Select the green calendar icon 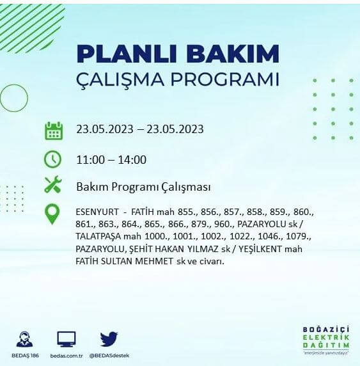click(53, 130)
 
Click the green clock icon click(53, 159)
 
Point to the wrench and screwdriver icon click(53, 186)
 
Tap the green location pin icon click(52, 214)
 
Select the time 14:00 click(132, 160)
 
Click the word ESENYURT click(97, 212)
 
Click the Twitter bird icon click(109, 338)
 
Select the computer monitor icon click(66, 339)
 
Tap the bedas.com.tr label click(66, 355)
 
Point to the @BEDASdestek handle click(109, 355)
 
